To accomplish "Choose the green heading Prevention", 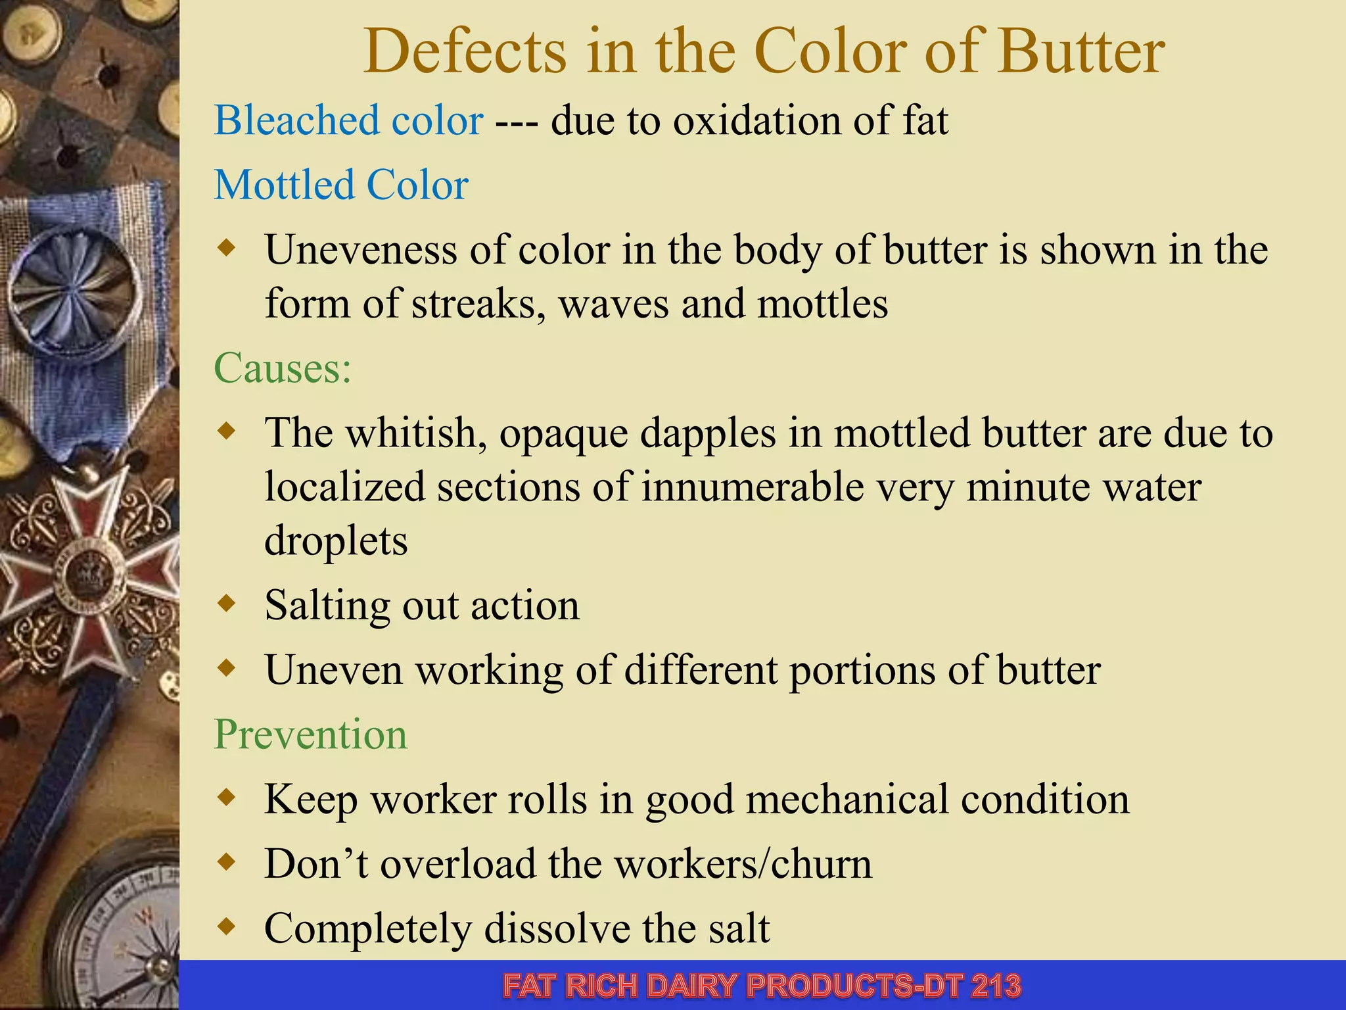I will click(x=310, y=734).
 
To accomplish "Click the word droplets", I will click(x=336, y=541).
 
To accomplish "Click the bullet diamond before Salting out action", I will click(x=226, y=603).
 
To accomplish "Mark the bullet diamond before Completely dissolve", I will click(x=226, y=927).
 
